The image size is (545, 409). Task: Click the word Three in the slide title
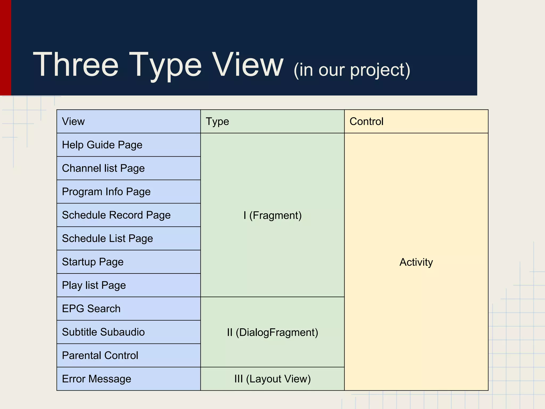[76, 64]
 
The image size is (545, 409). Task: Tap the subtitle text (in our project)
[352, 70]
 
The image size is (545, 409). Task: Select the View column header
[73, 121]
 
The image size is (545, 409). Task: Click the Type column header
[217, 121]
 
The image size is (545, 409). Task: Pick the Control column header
[366, 121]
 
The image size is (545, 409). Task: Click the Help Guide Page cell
[102, 145]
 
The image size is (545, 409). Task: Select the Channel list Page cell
[103, 168]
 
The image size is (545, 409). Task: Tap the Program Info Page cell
[106, 192]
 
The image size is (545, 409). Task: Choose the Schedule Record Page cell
[116, 215]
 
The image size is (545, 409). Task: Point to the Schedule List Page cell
[108, 239]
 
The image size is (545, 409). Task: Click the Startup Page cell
[93, 262]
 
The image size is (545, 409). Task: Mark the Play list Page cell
[94, 285]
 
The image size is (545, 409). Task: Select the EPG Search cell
[91, 309]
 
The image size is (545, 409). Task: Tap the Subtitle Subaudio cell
[103, 332]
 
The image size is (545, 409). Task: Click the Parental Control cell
[100, 355]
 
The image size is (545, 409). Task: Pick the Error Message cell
[97, 379]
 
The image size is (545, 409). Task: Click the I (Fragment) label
[272, 215]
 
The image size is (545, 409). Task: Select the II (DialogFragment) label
[272, 332]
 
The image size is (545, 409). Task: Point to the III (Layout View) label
[272, 379]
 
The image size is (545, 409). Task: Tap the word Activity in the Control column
[416, 262]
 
